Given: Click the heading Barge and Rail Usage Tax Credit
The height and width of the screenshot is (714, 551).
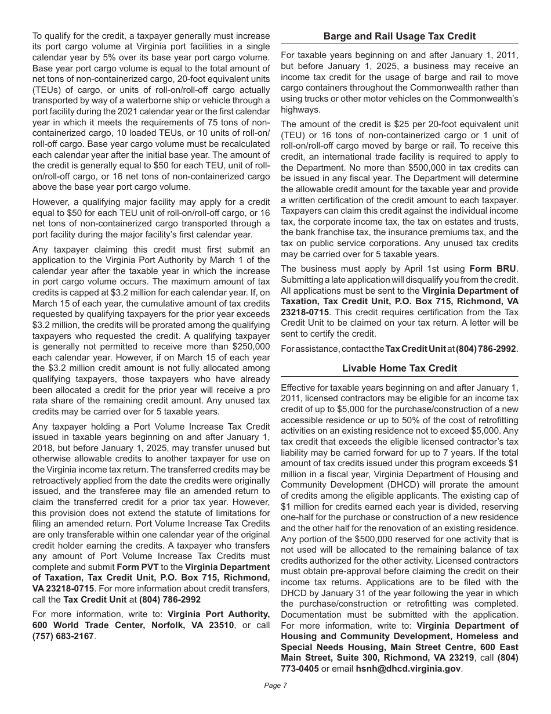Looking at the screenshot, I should click(400, 36).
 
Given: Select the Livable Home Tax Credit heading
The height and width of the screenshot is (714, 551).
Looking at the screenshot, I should click(400, 368).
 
